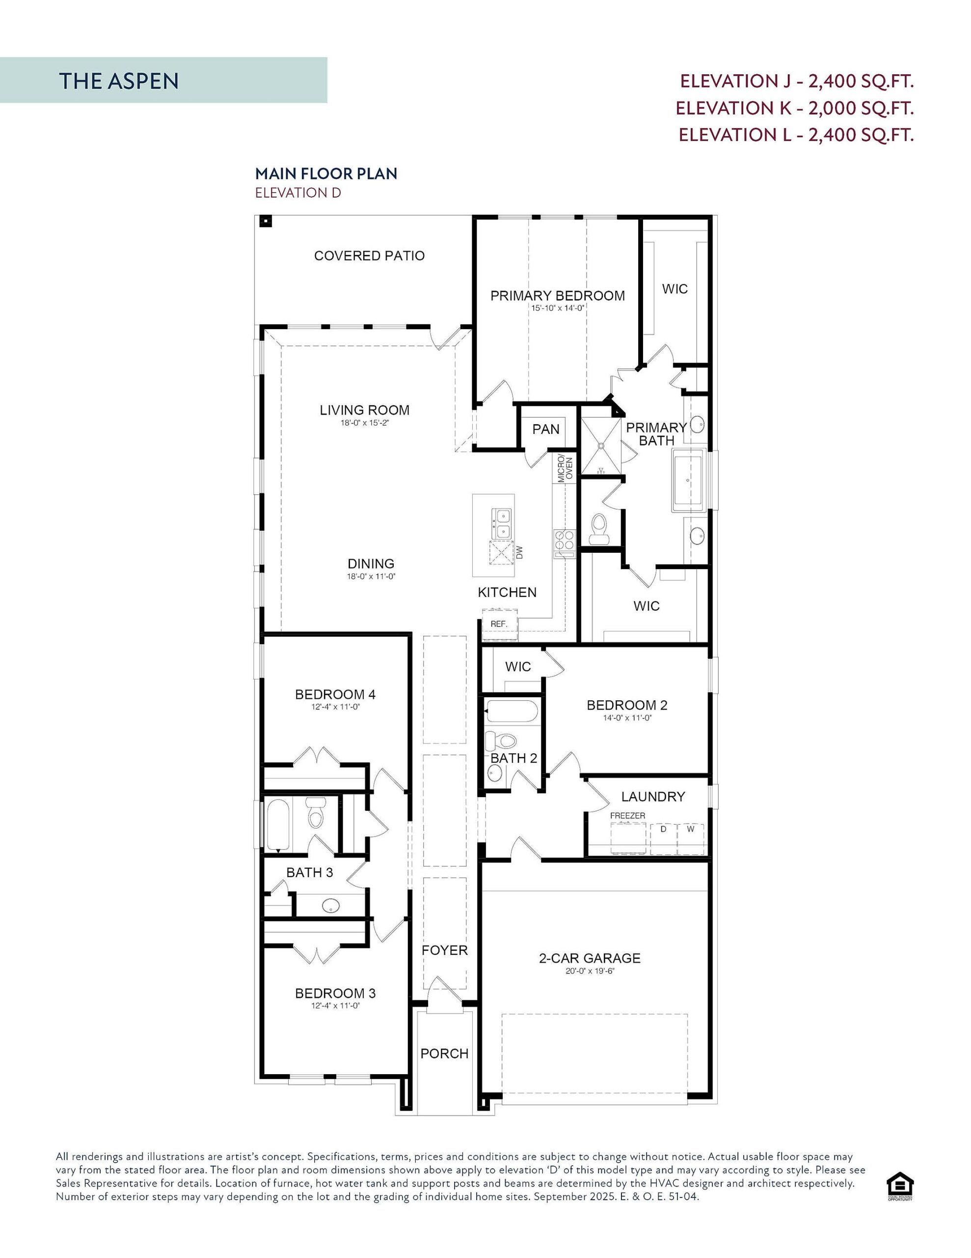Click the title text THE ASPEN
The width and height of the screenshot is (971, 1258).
pyautogui.click(x=119, y=81)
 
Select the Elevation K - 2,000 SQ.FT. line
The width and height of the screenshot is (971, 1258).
pyautogui.click(x=794, y=108)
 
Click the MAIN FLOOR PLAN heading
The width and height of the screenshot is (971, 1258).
pyautogui.click(x=326, y=173)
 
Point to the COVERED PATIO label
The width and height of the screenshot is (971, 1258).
pyautogui.click(x=369, y=256)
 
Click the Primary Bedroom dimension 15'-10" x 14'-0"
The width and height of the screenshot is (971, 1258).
pyautogui.click(x=557, y=308)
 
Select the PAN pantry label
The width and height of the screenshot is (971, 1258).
pyautogui.click(x=546, y=429)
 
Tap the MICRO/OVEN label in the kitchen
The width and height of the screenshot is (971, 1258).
pyautogui.click(x=565, y=469)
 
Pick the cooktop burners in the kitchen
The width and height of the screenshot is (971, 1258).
pyautogui.click(x=564, y=540)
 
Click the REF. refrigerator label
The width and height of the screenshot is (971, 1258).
pyautogui.click(x=498, y=624)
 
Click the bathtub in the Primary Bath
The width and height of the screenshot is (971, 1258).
pyautogui.click(x=688, y=480)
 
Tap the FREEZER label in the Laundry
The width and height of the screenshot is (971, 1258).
pyautogui.click(x=627, y=816)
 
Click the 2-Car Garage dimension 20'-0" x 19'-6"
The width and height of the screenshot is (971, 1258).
pyautogui.click(x=590, y=971)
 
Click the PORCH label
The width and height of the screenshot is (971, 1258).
pyautogui.click(x=444, y=1054)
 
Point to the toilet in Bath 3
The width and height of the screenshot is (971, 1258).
pyautogui.click(x=315, y=812)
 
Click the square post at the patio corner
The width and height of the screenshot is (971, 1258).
pyautogui.click(x=266, y=221)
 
